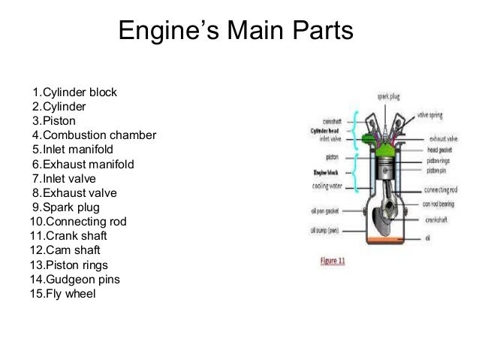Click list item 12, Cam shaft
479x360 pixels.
click(64, 250)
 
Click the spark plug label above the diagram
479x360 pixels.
click(388, 96)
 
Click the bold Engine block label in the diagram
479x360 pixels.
click(324, 171)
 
